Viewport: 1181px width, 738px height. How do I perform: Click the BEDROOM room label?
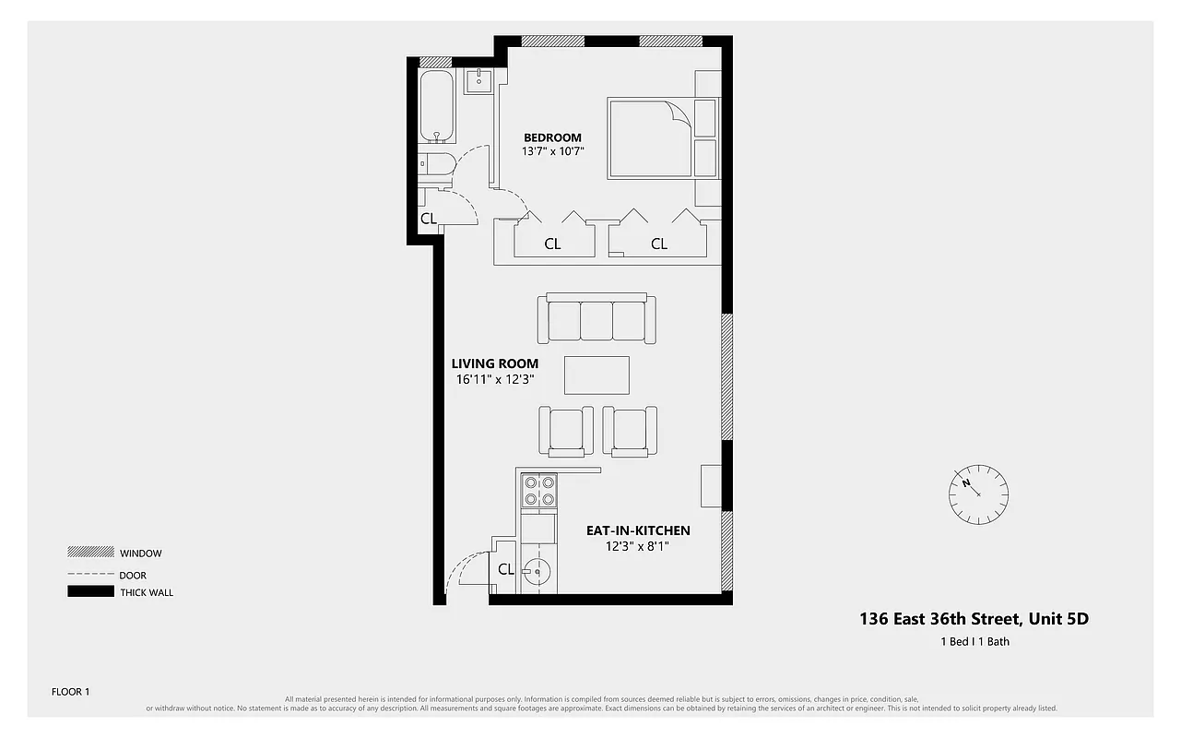[552, 137]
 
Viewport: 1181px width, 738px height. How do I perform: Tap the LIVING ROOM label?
[494, 363]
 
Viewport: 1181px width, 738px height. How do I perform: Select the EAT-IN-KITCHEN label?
[638, 530]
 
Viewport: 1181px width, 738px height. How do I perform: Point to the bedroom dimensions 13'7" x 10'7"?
[553, 151]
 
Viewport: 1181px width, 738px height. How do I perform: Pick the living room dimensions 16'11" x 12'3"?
[495, 378]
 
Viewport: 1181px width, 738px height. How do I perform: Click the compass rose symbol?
[978, 494]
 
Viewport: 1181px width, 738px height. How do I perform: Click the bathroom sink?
[479, 81]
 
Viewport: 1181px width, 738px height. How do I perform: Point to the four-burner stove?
[538, 490]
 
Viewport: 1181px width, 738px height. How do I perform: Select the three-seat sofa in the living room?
[601, 319]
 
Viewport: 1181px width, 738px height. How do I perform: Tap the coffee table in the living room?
[596, 375]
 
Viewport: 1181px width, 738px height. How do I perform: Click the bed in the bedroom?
[651, 137]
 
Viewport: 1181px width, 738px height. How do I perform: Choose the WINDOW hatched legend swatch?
[90, 552]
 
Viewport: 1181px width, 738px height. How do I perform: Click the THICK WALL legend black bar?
[90, 592]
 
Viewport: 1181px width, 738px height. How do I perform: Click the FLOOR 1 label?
[70, 691]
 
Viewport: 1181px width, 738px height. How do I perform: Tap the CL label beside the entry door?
[505, 569]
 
